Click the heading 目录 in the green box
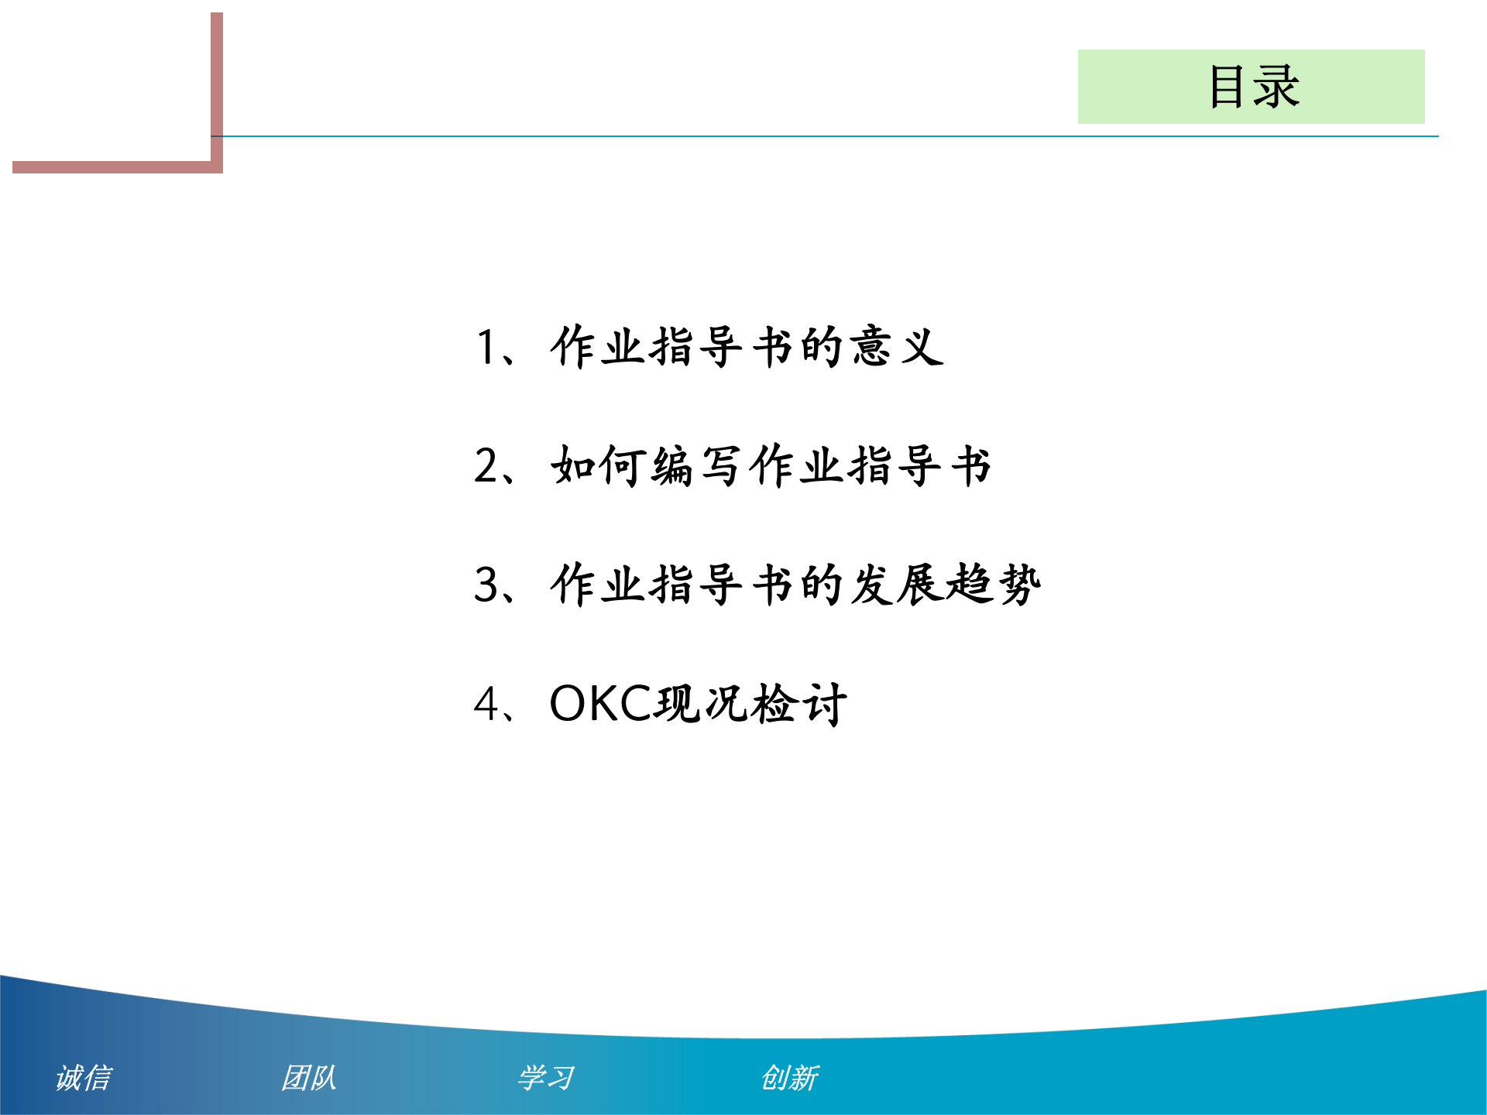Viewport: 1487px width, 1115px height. coord(1254,87)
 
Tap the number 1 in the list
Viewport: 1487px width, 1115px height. coord(486,347)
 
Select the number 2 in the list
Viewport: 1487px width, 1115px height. coord(487,466)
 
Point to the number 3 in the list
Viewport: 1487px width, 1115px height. coord(487,585)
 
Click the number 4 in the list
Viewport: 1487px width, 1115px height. coord(487,705)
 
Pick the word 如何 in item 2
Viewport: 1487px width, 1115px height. coord(599,466)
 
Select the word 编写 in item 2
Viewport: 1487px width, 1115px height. coord(697,466)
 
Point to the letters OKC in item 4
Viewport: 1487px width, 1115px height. coord(602,704)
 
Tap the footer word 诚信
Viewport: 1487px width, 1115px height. coord(84,1078)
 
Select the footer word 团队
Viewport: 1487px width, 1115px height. coord(309,1078)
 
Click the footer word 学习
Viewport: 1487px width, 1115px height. coord(546,1078)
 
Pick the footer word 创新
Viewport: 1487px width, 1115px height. coord(789,1078)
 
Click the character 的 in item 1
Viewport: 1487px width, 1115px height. coord(821,346)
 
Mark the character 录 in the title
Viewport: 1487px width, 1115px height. coord(1277,87)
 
